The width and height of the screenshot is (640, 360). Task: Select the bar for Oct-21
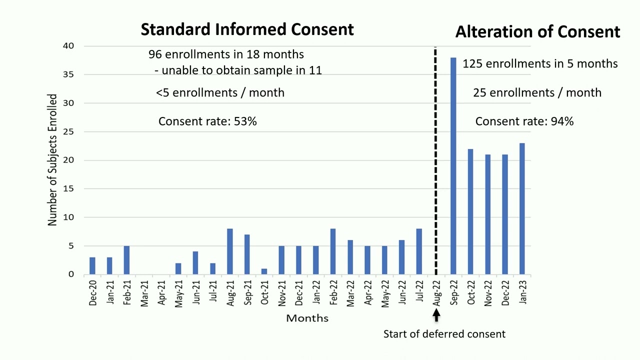coord(264,271)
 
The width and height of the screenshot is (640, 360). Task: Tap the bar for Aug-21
coord(230,251)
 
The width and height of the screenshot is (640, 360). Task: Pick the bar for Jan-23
coord(522,208)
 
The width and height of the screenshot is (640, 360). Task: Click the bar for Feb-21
coord(127,260)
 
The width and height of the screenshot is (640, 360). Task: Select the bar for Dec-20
coord(92,265)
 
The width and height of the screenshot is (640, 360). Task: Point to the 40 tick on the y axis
coord(68,46)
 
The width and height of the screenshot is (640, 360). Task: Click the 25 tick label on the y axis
coord(68,132)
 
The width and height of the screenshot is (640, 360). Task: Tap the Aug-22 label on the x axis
coord(436,292)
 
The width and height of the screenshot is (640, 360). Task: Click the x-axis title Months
coord(307,318)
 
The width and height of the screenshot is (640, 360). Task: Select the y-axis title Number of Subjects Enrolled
coord(52,160)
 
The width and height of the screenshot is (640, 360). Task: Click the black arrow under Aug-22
coord(436,315)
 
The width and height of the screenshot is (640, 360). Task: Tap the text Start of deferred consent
coord(444,334)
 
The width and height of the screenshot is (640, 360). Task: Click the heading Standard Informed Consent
coord(247,29)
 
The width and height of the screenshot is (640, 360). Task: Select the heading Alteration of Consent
coord(537,32)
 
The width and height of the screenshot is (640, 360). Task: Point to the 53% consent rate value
coord(245,121)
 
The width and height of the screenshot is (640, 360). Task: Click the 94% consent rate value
coord(562,121)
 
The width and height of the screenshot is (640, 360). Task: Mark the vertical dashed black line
coord(435,160)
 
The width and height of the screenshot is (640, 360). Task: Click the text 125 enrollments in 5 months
coord(540,64)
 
